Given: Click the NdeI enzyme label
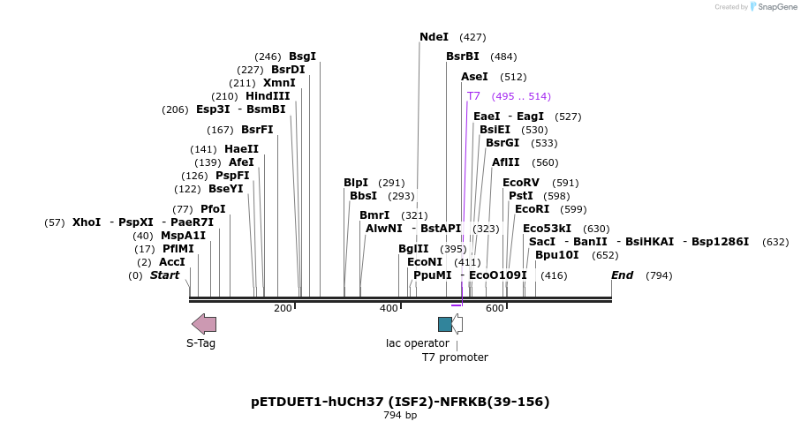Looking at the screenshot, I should tap(434, 37).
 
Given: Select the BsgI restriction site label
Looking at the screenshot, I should tap(302, 56).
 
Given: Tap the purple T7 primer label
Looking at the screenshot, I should tap(473, 96).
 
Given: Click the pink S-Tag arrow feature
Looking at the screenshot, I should tap(204, 324).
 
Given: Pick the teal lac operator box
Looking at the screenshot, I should tap(445, 324).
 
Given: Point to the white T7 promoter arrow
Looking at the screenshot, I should tap(457, 324).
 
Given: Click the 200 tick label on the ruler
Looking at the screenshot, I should tap(283, 308).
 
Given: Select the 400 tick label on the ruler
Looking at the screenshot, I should tap(389, 308).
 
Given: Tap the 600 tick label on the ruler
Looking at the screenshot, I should tap(495, 308).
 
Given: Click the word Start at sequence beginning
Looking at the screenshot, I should tap(164, 275).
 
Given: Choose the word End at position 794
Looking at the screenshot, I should tap(622, 275).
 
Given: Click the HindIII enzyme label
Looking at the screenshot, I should tap(268, 96).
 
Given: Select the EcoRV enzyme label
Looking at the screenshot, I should tap(521, 183).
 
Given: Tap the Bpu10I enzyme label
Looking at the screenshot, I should tap(557, 255).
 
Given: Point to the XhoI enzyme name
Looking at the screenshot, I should tap(87, 222).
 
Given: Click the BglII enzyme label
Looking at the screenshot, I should tap(412, 249).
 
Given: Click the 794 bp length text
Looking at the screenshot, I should tap(400, 415).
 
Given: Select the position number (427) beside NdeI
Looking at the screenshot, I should tap(472, 37).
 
